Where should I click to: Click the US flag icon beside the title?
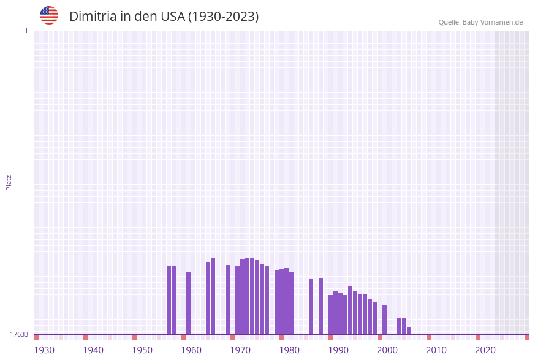point(49,15)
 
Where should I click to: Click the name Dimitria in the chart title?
point(93,17)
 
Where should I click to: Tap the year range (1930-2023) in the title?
point(223,17)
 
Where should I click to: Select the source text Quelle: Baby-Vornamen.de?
point(480,22)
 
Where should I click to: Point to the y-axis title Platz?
point(9,182)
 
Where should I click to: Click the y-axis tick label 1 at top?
point(26,31)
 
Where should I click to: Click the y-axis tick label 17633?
point(19,334)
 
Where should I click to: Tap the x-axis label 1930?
point(44,350)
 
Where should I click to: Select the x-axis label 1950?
point(142,350)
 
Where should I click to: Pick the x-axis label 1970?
point(240,350)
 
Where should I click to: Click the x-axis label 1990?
point(338,350)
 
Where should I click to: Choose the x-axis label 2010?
point(436,350)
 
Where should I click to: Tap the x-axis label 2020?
point(485,350)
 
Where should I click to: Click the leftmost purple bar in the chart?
point(169,300)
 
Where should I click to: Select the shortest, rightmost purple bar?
point(409,331)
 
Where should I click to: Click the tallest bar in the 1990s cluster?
point(350,310)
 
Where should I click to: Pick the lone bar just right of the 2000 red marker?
point(384,320)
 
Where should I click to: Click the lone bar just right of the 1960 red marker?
point(188,303)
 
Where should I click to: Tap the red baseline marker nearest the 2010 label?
point(428,337)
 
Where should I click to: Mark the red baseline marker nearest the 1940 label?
point(85,337)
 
